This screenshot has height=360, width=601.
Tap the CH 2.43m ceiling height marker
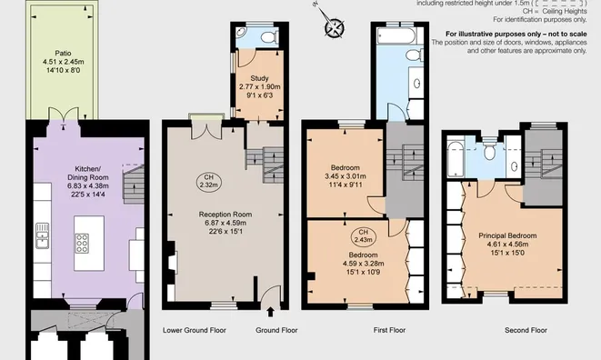[363, 235]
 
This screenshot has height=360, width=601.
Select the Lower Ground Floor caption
[194, 329]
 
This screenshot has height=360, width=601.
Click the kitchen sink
[42, 235]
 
